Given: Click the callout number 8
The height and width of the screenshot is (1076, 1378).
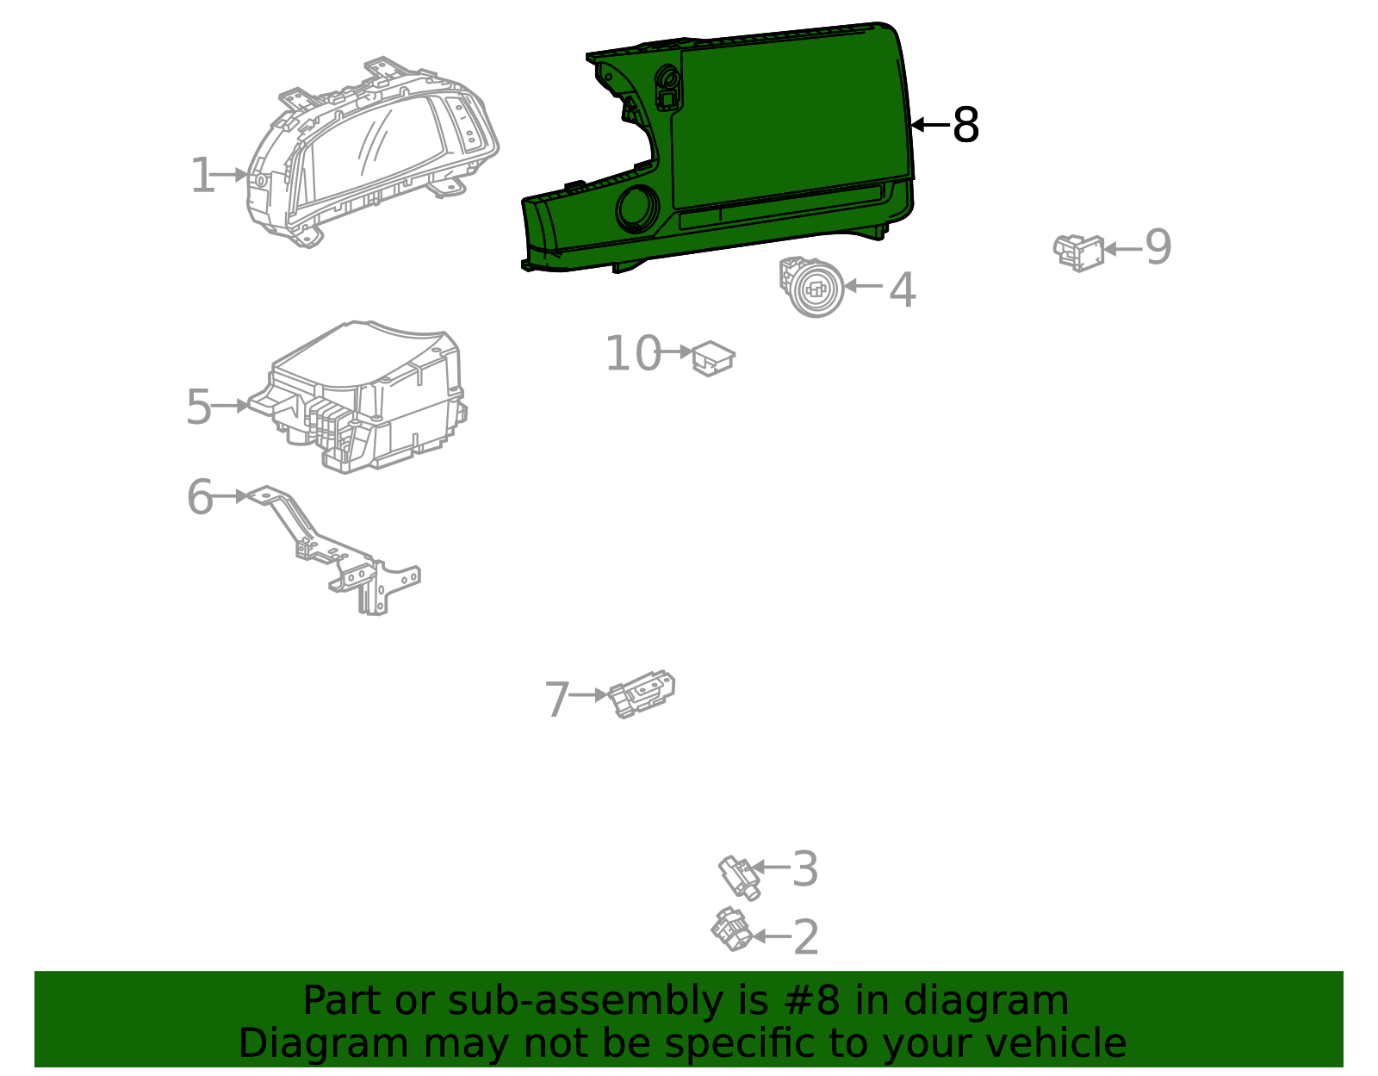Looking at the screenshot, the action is (965, 125).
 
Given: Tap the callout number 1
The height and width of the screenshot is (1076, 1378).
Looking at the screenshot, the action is (203, 175).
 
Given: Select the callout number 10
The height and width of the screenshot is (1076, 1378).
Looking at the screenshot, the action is (633, 353).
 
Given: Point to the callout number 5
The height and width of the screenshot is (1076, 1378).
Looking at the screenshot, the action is (198, 407).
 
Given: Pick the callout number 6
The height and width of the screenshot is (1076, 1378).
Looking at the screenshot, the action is (200, 497).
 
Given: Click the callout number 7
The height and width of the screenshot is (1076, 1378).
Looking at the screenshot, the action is (557, 700).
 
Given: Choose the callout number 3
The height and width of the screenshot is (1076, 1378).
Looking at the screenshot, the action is (805, 868).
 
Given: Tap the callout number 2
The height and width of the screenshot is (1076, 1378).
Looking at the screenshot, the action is (806, 936).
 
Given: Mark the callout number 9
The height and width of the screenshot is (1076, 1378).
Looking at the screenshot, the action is (1158, 246).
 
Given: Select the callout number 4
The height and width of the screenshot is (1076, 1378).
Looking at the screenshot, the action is (903, 289).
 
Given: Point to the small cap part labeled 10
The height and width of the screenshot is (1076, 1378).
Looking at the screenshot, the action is (713, 358).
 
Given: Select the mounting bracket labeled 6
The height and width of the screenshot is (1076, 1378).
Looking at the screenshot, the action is (336, 550).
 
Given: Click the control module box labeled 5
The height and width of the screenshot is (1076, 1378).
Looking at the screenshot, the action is (358, 397).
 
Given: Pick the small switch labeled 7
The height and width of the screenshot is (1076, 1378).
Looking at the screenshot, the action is (641, 694).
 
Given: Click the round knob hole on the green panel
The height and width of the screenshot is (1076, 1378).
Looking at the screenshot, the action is (636, 208).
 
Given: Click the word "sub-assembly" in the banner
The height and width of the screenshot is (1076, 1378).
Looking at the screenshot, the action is (583, 1001).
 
